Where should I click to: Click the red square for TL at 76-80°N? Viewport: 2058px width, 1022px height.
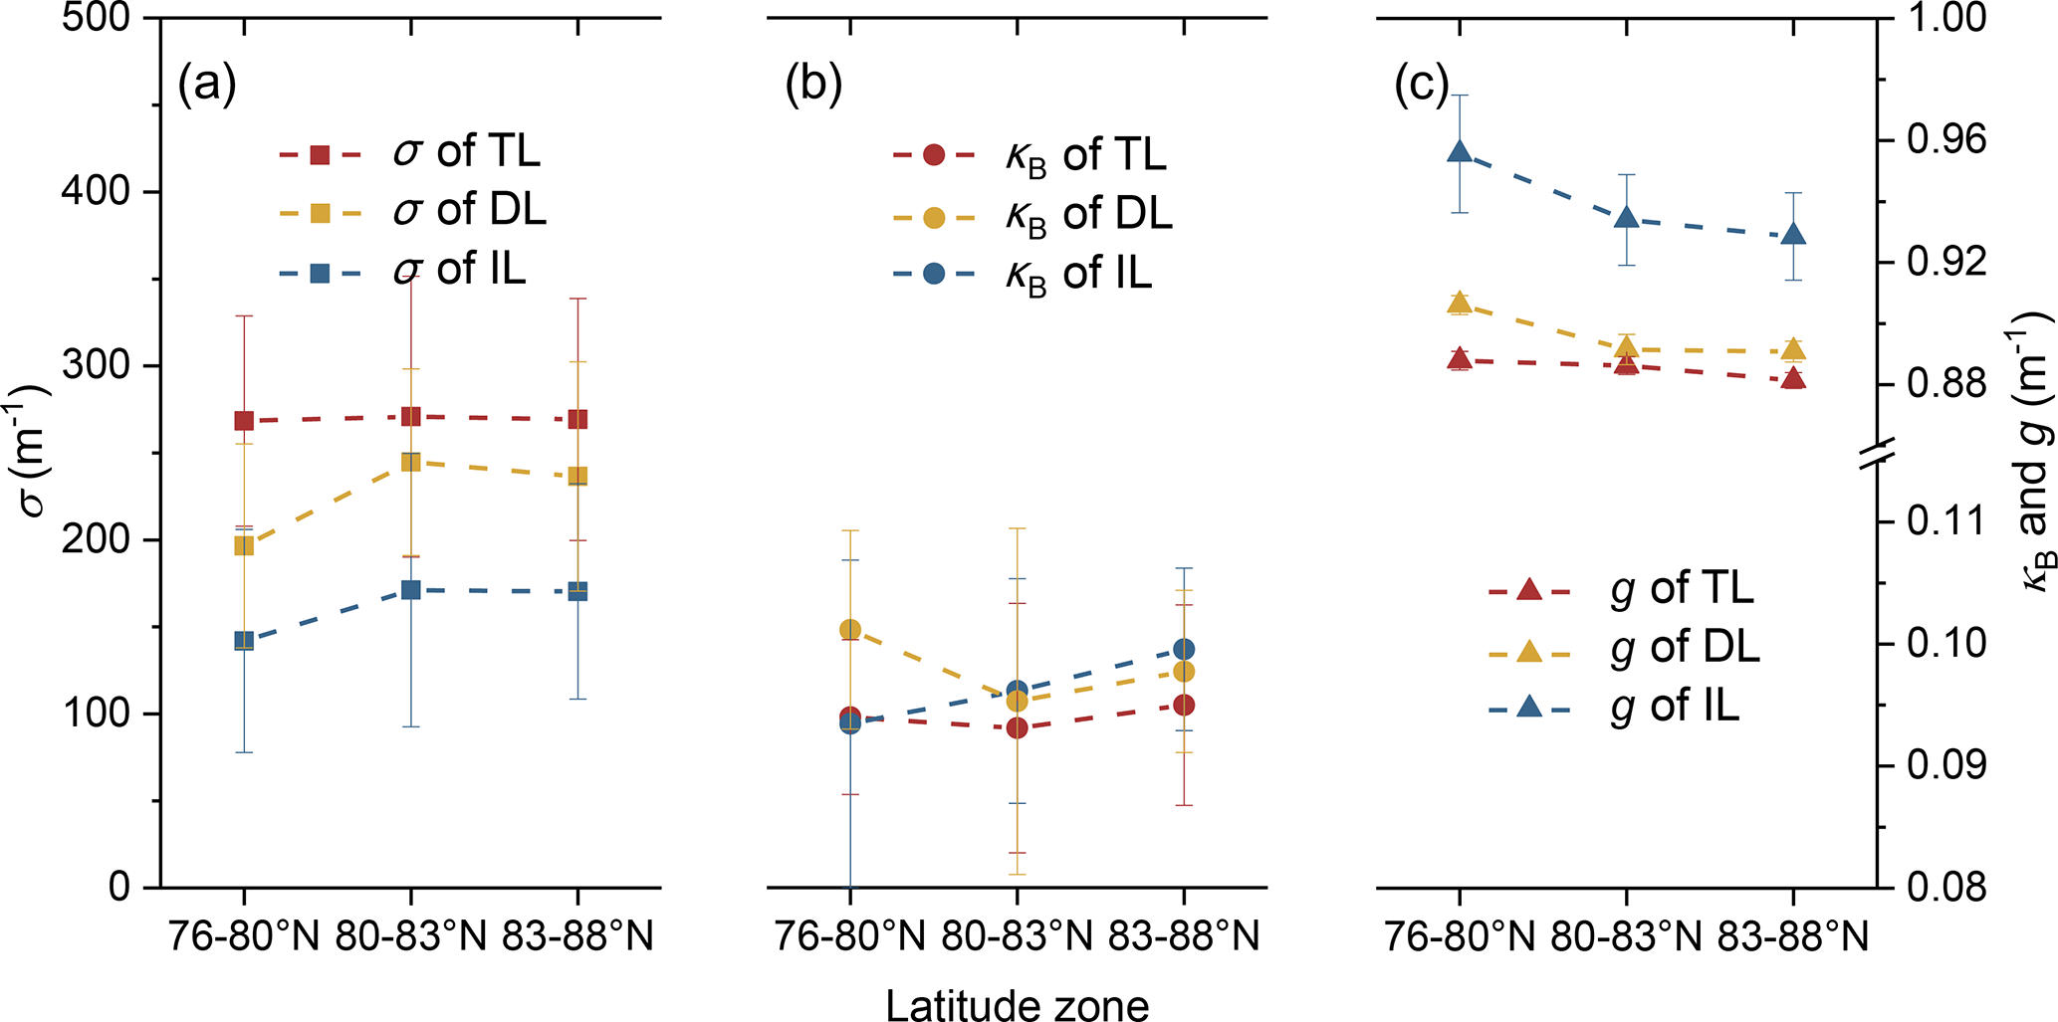[x=244, y=421]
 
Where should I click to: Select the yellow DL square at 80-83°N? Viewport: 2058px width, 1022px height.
[x=410, y=462]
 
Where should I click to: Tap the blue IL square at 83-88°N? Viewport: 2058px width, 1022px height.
[x=577, y=591]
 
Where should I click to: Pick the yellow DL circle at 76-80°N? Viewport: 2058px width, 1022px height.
[x=850, y=629]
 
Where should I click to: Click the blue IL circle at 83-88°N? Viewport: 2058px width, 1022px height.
[x=1184, y=649]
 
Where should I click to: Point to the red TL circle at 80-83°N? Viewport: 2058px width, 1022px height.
[x=1017, y=727]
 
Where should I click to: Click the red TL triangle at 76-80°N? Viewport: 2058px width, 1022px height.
[x=1460, y=358]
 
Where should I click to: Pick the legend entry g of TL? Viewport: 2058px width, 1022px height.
[x=1683, y=589]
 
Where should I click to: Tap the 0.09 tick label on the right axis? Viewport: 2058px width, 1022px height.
[x=1945, y=766]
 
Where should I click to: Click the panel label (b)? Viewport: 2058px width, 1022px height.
[x=813, y=86]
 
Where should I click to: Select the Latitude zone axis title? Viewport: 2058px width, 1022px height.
[x=1017, y=1004]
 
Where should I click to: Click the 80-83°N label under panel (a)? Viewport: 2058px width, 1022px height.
[x=410, y=936]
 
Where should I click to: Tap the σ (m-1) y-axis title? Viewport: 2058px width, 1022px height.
[x=36, y=448]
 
